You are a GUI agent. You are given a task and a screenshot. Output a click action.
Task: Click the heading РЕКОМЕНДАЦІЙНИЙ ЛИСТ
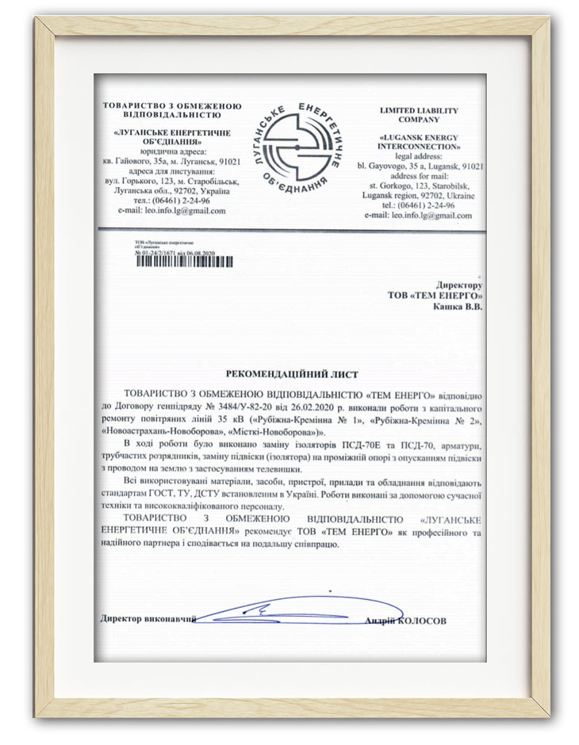(x=292, y=372)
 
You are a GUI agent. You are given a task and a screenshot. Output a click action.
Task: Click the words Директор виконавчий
(x=148, y=618)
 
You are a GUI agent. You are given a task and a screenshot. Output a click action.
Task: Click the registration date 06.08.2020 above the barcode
(x=198, y=254)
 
